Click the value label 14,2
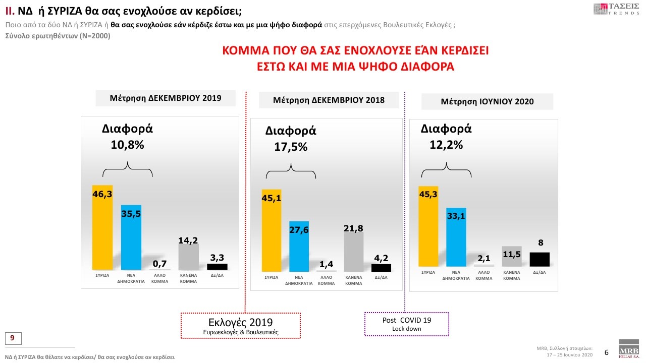tap(188, 240)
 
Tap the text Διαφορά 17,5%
tap(291, 139)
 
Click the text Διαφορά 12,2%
tap(446, 136)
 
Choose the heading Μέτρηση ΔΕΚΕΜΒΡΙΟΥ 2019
tap(166, 98)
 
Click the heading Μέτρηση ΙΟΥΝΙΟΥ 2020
tap(487, 101)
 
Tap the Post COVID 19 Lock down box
tap(406, 324)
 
